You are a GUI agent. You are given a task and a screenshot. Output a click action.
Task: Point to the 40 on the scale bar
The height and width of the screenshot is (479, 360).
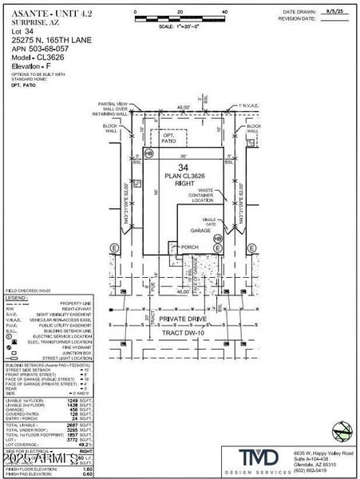coord(224,12)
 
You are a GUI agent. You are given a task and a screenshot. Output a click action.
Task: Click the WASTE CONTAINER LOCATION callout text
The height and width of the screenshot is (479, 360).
coord(199,196)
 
